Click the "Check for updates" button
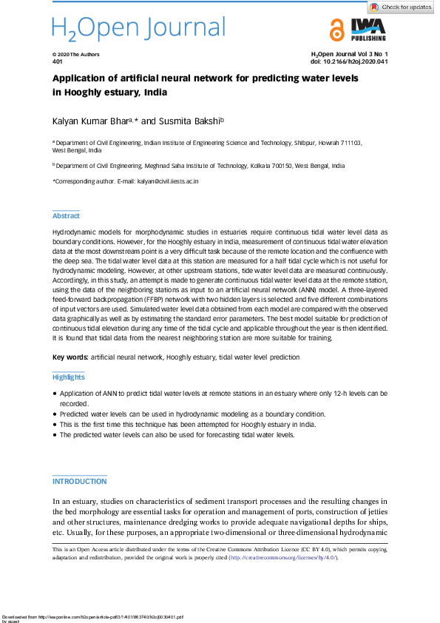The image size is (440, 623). pyautogui.click(x=402, y=7)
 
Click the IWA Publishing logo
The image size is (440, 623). pyautogui.click(x=368, y=30)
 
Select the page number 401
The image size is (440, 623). pyautogui.click(x=57, y=62)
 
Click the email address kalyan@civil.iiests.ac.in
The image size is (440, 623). pyautogui.click(x=168, y=181)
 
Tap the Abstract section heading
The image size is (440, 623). pyautogui.click(x=66, y=216)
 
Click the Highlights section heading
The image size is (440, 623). pyautogui.click(x=68, y=377)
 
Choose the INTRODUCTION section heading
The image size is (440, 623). pyautogui.click(x=79, y=482)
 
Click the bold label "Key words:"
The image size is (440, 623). pyautogui.click(x=69, y=357)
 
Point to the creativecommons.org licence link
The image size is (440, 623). pyautogui.click(x=282, y=557)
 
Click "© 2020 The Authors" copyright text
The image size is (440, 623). pyautogui.click(x=75, y=55)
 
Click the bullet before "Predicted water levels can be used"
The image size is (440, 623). pyautogui.click(x=55, y=415)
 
